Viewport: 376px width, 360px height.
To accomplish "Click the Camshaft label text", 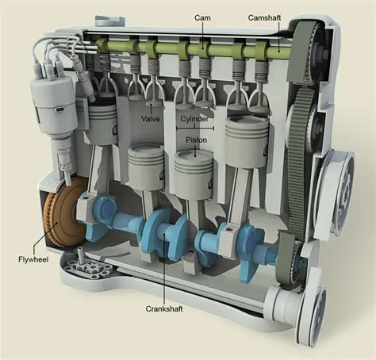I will (x=264, y=17).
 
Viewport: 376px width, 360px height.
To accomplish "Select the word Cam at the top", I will (x=201, y=17).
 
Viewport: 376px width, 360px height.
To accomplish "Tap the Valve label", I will (x=151, y=119).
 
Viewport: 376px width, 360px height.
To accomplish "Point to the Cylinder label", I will (x=195, y=119).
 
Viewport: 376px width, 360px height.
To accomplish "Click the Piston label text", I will (x=195, y=137).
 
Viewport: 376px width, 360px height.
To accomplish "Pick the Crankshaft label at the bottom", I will (x=165, y=308).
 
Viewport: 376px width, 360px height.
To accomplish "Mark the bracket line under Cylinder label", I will (x=196, y=127).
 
